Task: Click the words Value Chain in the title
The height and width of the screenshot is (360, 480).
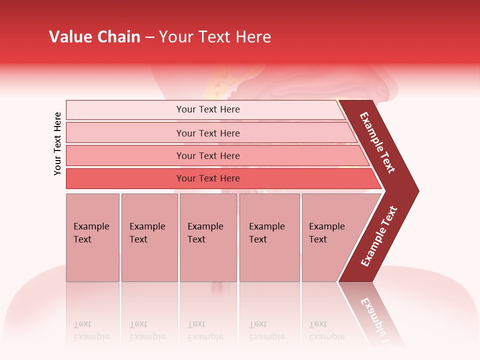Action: (x=94, y=37)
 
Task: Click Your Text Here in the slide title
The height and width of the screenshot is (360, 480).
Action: (x=215, y=37)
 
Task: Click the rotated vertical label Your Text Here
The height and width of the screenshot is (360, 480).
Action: (x=57, y=143)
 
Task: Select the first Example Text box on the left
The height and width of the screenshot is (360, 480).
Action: (x=92, y=237)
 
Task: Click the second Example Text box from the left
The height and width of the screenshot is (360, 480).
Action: (x=149, y=237)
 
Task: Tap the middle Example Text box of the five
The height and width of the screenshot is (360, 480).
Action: (x=208, y=237)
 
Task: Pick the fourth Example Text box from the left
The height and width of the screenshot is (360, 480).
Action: (x=269, y=237)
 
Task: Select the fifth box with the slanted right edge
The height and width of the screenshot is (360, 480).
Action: (x=330, y=237)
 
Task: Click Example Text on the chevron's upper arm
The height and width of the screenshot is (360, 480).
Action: (x=378, y=142)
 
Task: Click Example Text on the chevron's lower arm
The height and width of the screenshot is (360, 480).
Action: (x=379, y=236)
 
